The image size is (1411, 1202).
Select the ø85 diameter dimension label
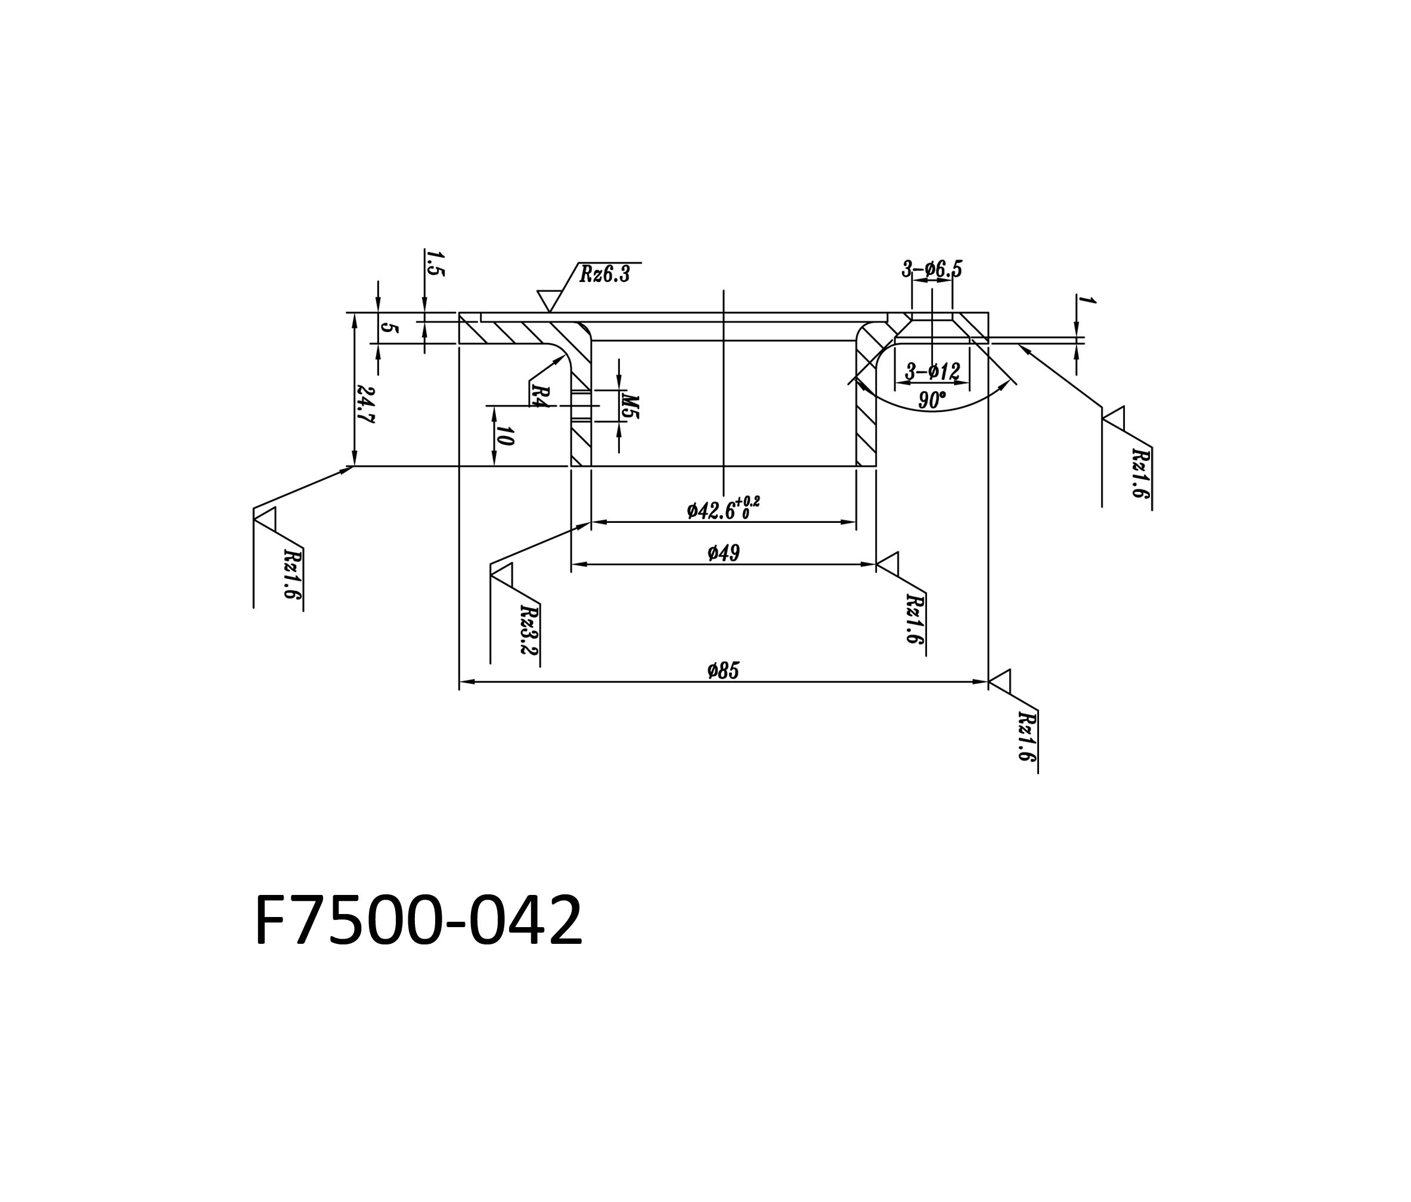click(723, 671)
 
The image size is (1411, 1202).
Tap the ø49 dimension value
click(723, 553)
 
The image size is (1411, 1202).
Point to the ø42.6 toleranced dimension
click(723, 508)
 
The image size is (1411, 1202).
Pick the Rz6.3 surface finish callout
click(604, 274)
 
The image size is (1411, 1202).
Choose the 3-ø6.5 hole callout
click(932, 269)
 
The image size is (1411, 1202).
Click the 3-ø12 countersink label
click(932, 372)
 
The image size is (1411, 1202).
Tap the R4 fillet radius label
click(540, 396)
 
